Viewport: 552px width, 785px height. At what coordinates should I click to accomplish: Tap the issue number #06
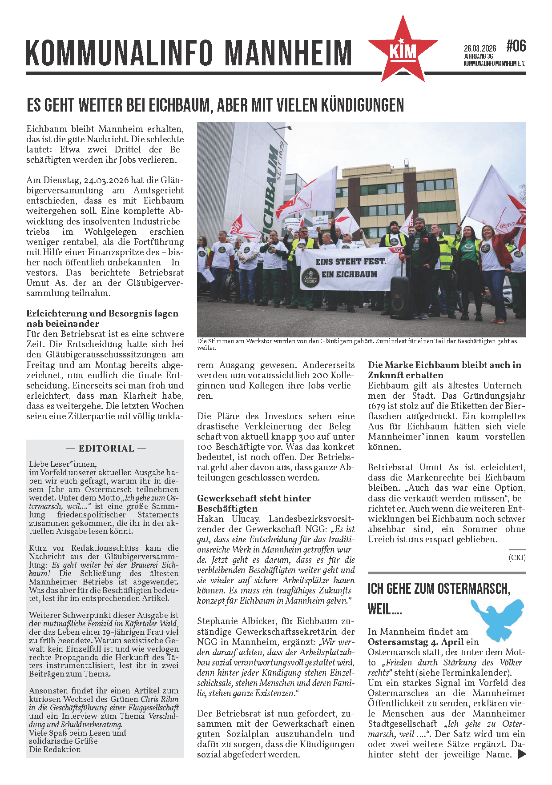coord(516,46)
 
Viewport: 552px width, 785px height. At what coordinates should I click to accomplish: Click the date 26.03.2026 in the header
coord(479,48)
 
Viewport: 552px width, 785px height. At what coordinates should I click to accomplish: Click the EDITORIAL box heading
coord(106,449)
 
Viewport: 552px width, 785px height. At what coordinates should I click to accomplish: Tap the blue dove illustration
coord(498,618)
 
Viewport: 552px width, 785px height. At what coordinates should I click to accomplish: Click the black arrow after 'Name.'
coord(521,754)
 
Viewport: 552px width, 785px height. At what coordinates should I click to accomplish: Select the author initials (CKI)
coord(517,557)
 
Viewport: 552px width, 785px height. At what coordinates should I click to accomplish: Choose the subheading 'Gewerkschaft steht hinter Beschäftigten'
coord(254,503)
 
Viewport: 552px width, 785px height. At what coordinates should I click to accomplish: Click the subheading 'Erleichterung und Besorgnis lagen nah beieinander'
coord(102,318)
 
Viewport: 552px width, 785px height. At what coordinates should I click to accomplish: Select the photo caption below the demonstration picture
coord(356,344)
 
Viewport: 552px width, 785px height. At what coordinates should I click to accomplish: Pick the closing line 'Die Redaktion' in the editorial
coord(55,749)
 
